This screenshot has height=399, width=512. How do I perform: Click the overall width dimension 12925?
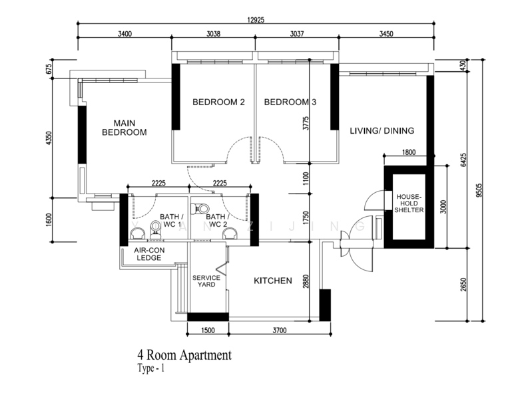pos(256,20)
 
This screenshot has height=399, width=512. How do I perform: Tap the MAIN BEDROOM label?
pos(125,128)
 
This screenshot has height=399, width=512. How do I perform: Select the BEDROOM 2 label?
pos(218,102)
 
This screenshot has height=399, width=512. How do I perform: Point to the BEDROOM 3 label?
pos(290,102)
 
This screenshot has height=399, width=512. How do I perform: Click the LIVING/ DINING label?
pos(382,130)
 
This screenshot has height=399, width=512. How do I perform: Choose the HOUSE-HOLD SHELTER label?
pos(409,203)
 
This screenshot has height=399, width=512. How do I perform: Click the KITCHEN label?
pos(273,281)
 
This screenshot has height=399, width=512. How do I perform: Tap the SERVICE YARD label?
pos(206,281)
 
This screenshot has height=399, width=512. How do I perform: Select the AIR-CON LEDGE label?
pos(149,254)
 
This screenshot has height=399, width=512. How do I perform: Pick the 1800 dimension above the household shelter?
pos(409,152)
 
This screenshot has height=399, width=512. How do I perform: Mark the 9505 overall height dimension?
pos(479,190)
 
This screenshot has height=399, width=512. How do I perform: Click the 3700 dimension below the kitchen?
pos(280,331)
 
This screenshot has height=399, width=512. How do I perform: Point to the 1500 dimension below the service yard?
pos(208,331)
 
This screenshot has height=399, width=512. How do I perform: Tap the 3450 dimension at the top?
pos(386,34)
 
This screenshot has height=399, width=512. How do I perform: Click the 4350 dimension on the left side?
pos(49,138)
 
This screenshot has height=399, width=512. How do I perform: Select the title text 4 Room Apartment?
pos(184,354)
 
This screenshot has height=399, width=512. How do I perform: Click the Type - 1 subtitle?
pos(151,368)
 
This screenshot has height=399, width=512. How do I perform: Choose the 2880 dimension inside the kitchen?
pos(306,281)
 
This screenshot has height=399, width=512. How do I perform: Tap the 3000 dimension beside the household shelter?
pos(443,207)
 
